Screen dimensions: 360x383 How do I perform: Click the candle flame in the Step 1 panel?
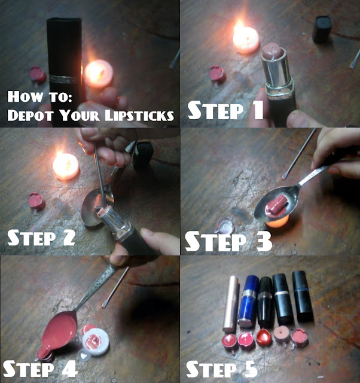pyautogui.click(x=239, y=29)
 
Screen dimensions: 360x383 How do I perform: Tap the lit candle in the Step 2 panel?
pyautogui.click(x=66, y=166)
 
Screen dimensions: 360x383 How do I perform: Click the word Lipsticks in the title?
pyautogui.click(x=139, y=115)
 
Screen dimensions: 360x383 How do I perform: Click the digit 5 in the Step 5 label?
pyautogui.click(x=250, y=369)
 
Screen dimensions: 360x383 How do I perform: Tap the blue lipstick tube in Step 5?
pyautogui.click(x=248, y=301)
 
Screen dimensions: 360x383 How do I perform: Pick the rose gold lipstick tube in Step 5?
pyautogui.click(x=231, y=304)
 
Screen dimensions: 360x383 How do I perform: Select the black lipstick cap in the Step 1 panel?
pyautogui.click(x=322, y=29)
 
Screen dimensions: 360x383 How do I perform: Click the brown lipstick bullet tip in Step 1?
pyautogui.click(x=272, y=51)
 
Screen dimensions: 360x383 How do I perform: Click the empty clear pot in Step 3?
pyautogui.click(x=225, y=226)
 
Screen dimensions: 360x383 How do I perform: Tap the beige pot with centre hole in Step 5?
pyautogui.click(x=282, y=333)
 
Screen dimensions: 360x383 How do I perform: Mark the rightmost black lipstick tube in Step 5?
pyautogui.click(x=302, y=296)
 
